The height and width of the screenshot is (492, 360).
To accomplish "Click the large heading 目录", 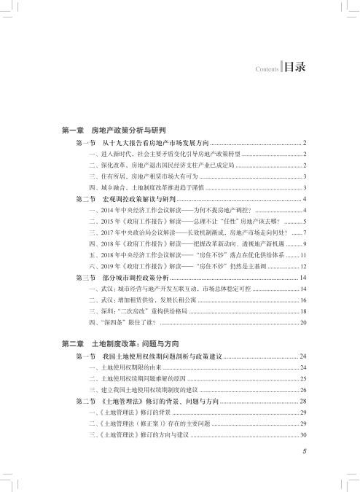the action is [294, 67].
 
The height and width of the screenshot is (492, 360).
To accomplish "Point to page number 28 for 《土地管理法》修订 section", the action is [302, 402].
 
